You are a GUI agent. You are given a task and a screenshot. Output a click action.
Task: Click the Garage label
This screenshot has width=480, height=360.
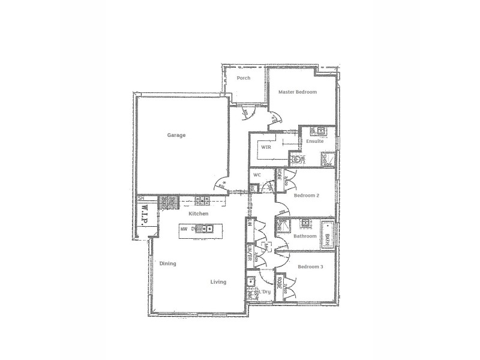(x=176, y=135)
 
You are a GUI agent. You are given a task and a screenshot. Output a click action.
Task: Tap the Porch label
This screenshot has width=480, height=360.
(x=244, y=78)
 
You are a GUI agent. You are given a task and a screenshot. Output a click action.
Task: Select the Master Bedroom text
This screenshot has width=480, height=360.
(x=298, y=92)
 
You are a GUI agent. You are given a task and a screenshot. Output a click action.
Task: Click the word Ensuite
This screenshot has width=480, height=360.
(x=315, y=142)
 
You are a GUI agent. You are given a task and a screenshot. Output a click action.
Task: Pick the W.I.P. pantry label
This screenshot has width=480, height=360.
(x=144, y=218)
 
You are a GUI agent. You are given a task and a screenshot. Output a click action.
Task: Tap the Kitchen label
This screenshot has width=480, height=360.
(x=199, y=214)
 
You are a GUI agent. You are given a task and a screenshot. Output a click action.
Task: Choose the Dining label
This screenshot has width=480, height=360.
(x=168, y=263)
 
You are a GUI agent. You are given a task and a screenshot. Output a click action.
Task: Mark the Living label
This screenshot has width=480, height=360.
(x=218, y=281)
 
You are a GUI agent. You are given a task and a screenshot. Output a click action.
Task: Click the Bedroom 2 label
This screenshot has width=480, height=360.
(x=306, y=195)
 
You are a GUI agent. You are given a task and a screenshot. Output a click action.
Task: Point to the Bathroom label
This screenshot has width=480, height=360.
(x=305, y=236)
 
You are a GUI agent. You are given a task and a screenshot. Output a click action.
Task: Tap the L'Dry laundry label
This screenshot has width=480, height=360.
(x=264, y=292)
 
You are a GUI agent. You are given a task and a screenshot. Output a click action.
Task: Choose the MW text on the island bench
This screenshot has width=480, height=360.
(x=184, y=228)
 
